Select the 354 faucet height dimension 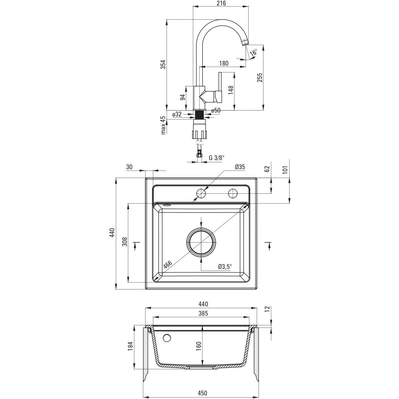coord(163,65)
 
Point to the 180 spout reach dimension coord(224,63)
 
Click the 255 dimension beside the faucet coord(260,77)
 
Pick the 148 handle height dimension coord(231,90)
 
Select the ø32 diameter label coord(177,114)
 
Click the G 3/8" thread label coord(216,158)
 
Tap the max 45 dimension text coord(163,125)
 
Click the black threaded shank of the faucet coord(199,114)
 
